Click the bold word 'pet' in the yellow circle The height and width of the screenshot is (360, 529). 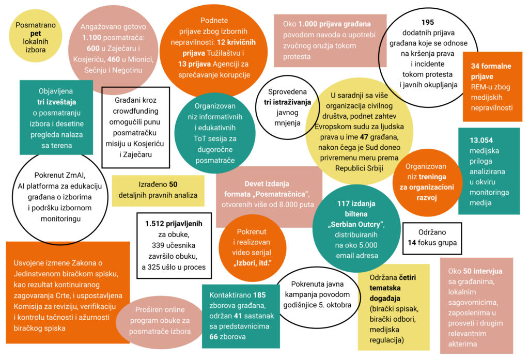pyautogui.click(x=36, y=34)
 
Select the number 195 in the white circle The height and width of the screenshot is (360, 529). pyautogui.click(x=427, y=22)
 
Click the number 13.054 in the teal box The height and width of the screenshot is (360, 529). pyautogui.click(x=481, y=140)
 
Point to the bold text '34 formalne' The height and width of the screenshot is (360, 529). pyautogui.click(x=491, y=66)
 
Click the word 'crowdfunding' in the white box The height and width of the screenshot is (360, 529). pyautogui.click(x=135, y=111)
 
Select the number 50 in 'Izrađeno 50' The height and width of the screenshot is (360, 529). pyautogui.click(x=173, y=184)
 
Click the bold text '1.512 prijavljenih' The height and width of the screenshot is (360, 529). pyautogui.click(x=174, y=224)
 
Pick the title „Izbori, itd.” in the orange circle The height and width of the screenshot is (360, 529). pyautogui.click(x=252, y=263)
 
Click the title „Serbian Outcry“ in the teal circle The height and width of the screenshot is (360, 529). pyautogui.click(x=356, y=224)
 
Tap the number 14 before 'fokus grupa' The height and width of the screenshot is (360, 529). pyautogui.click(x=412, y=243)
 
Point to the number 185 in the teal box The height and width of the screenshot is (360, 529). pyautogui.click(x=259, y=295)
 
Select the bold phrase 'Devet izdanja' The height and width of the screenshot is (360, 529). pyautogui.click(x=267, y=184)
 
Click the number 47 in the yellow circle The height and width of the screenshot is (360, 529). pyautogui.click(x=364, y=137)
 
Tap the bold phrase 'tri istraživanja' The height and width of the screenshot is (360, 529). pyautogui.click(x=287, y=102)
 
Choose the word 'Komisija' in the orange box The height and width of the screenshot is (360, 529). pyautogui.click(x=27, y=306)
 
